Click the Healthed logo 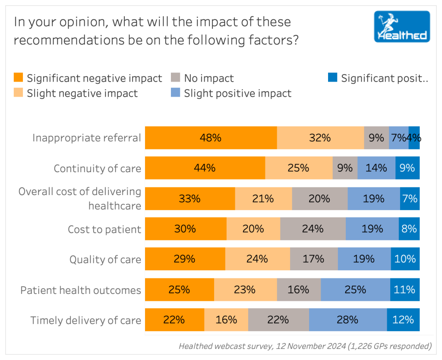[x=402, y=26]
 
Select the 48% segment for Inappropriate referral [x=211, y=138]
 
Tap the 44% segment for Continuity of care [x=205, y=168]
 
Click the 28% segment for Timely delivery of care [x=347, y=320]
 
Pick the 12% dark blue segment [x=403, y=320]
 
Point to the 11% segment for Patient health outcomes [x=404, y=289]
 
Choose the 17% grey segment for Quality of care [x=313, y=259]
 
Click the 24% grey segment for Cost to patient [x=313, y=229]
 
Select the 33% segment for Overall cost [x=190, y=199]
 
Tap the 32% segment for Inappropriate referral [x=320, y=138]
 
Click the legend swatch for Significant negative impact [x=19, y=78]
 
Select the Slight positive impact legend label [x=237, y=93]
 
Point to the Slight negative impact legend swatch [x=19, y=93]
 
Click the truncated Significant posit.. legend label [x=384, y=78]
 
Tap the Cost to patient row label [x=104, y=229]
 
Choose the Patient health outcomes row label [x=81, y=290]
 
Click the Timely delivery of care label [x=85, y=320]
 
